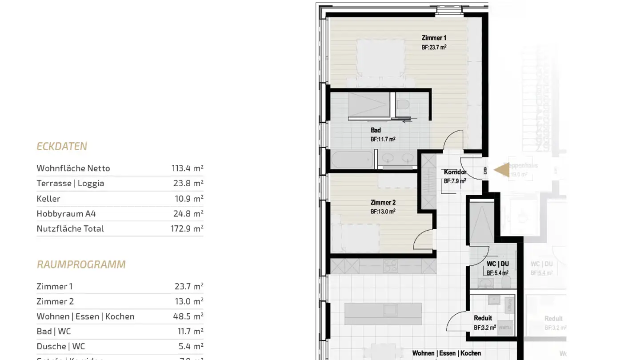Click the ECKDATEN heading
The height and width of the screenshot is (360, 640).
62,146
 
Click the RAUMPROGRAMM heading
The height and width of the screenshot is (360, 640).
81,264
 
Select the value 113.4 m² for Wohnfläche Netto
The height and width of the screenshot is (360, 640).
187,168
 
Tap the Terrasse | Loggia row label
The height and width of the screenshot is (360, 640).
70,183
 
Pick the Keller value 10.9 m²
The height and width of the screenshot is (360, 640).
188,199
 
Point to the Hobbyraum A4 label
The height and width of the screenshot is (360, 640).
66,214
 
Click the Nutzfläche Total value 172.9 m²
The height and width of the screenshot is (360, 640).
187,228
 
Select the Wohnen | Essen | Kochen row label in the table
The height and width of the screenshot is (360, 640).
85,316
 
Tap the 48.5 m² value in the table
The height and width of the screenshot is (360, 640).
188,316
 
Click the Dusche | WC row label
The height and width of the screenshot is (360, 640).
60,346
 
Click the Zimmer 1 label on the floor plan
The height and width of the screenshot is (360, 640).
434,38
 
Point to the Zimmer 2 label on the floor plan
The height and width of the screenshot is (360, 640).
383,203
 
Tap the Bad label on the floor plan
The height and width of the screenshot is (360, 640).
376,131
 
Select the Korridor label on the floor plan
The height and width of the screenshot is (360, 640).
455,172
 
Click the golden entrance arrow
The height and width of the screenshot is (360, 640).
502,170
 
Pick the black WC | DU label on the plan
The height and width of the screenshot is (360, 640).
497,264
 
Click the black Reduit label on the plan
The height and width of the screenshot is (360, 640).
483,318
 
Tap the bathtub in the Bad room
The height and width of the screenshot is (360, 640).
352,160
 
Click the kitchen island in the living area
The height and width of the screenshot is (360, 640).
383,314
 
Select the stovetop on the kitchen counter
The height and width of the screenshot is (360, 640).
390,266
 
